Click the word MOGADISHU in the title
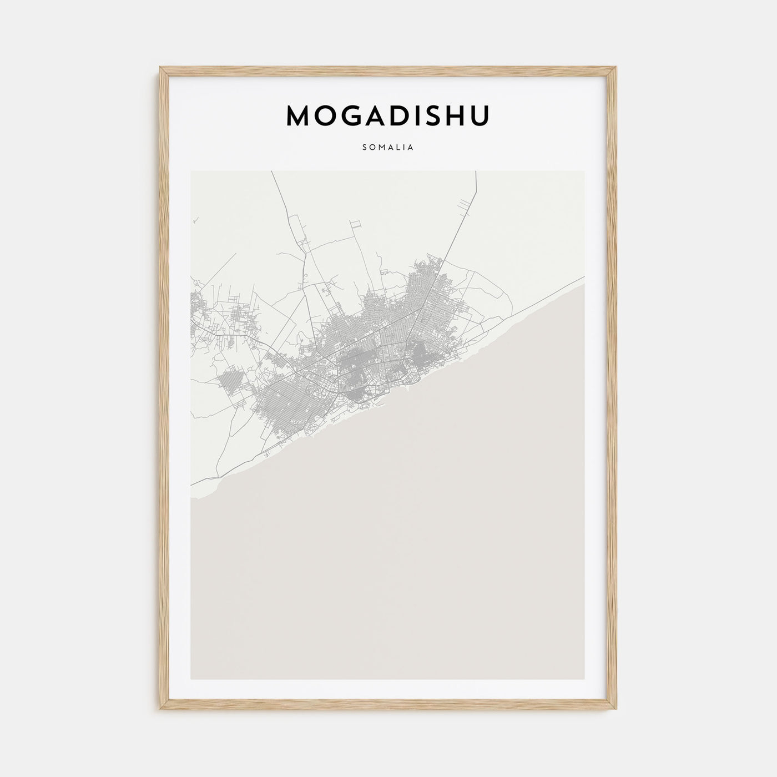click(x=388, y=115)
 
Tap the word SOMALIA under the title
click(x=388, y=148)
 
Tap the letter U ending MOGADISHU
click(x=481, y=115)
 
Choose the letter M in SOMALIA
click(x=381, y=148)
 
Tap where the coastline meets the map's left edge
click(x=192, y=498)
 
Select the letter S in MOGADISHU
click(x=433, y=115)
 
